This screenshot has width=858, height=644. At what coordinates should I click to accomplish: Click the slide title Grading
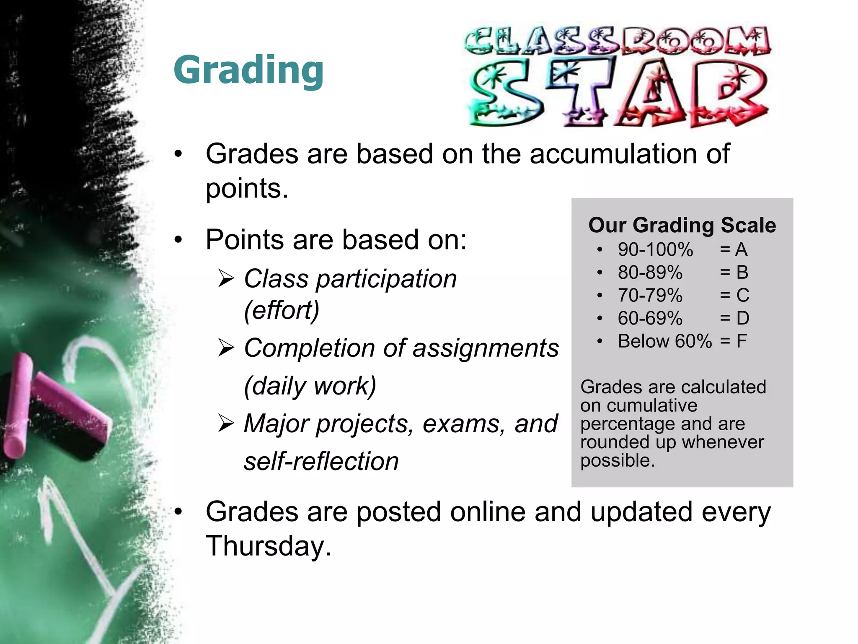pos(248,70)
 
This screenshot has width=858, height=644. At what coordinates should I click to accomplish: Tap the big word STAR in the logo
pos(618,93)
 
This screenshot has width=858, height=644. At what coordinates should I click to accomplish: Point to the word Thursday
pos(268,546)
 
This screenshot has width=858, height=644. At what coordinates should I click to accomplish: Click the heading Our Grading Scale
pos(682,225)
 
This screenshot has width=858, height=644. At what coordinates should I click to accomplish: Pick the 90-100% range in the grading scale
pos(655,250)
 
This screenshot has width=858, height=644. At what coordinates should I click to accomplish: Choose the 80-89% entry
pos(650,273)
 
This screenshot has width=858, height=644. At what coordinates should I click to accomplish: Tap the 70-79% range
pos(650,296)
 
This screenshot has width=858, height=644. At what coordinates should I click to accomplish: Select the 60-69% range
pos(650,318)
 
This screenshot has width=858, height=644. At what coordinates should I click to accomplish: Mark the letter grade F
pos(742,341)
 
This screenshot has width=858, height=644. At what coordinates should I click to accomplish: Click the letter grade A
pos(741,250)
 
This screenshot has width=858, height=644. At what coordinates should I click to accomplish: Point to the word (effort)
pos(282,311)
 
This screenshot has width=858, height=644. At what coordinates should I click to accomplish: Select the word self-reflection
pos(321,462)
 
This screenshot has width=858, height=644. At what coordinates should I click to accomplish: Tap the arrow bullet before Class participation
pos(226,279)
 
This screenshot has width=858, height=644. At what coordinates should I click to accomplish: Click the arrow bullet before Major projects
pos(226,424)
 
